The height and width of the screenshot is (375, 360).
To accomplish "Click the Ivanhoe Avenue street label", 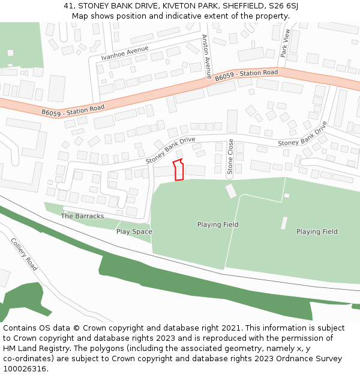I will [124, 53].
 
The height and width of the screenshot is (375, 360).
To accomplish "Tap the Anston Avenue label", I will [206, 57].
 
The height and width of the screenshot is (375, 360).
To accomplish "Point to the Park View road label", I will [286, 43].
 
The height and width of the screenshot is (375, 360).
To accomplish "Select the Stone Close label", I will [230, 157].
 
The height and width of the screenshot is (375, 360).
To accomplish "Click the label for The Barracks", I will [82, 216].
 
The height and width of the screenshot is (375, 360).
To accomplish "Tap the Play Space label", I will [134, 232].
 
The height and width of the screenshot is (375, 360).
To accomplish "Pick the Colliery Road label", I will [24, 254].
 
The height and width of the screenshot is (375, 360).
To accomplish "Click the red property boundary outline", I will [178, 170].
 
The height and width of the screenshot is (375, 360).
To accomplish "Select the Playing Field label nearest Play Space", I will [218, 225].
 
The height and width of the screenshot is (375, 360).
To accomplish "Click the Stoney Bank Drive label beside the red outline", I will [170, 151].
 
